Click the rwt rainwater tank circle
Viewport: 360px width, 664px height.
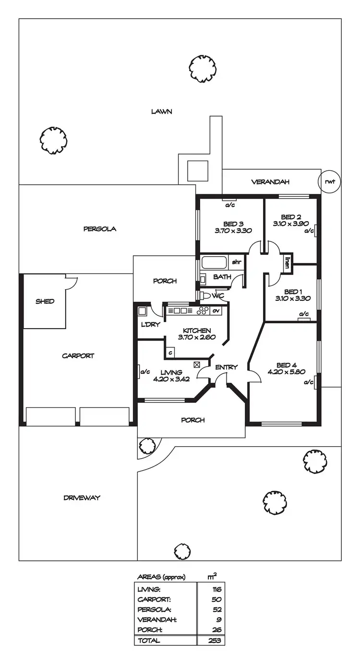coord(329,181)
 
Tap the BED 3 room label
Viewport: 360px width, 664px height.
coord(233,223)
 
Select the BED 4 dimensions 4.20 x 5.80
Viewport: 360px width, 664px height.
coord(286,371)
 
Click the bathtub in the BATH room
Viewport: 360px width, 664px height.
coord(214,262)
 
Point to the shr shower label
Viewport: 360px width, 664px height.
coord(237,262)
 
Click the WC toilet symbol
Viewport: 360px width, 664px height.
coord(204,295)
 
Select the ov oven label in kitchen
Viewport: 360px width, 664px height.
coord(216,310)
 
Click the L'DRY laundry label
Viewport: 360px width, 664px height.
coord(147,325)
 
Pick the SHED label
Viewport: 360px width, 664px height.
coord(45,301)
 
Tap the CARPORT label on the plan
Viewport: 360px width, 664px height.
coord(78,356)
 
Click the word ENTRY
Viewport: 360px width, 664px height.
coord(226,367)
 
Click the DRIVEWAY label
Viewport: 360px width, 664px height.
coord(82,498)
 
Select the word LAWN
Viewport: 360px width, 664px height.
coord(162,111)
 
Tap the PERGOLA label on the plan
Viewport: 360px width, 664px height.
coord(100,229)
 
